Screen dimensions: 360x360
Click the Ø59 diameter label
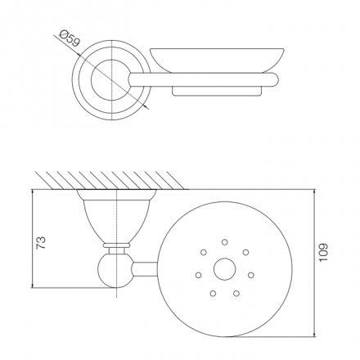pos(70,38)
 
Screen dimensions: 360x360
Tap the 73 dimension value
pos(42,242)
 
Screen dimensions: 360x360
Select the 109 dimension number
pos(323,253)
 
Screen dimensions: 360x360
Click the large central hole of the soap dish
pos(224,269)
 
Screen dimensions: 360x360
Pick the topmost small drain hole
pos(225,242)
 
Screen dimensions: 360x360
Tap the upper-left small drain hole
pos(204,252)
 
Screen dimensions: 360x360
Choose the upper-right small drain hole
pos(245,252)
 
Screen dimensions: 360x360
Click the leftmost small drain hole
pos(198,275)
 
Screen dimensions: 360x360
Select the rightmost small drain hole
pos(251,275)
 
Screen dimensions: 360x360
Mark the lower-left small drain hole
pos(213,294)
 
